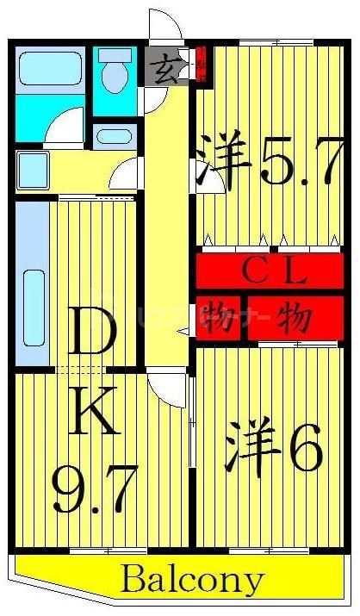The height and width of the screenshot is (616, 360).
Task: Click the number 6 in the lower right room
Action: [305, 446]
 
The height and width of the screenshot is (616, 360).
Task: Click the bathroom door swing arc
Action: [65, 129]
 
